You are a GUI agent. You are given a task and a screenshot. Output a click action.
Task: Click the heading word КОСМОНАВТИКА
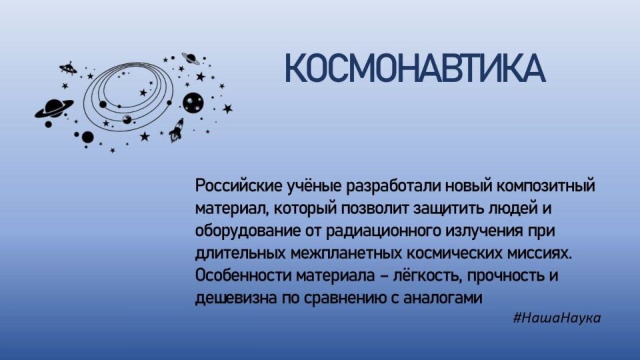[415, 69]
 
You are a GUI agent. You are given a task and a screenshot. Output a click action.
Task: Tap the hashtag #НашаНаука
[557, 318]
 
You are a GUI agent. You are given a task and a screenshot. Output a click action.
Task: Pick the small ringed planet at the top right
[189, 59]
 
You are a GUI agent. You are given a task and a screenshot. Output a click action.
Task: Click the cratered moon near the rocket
[193, 103]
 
